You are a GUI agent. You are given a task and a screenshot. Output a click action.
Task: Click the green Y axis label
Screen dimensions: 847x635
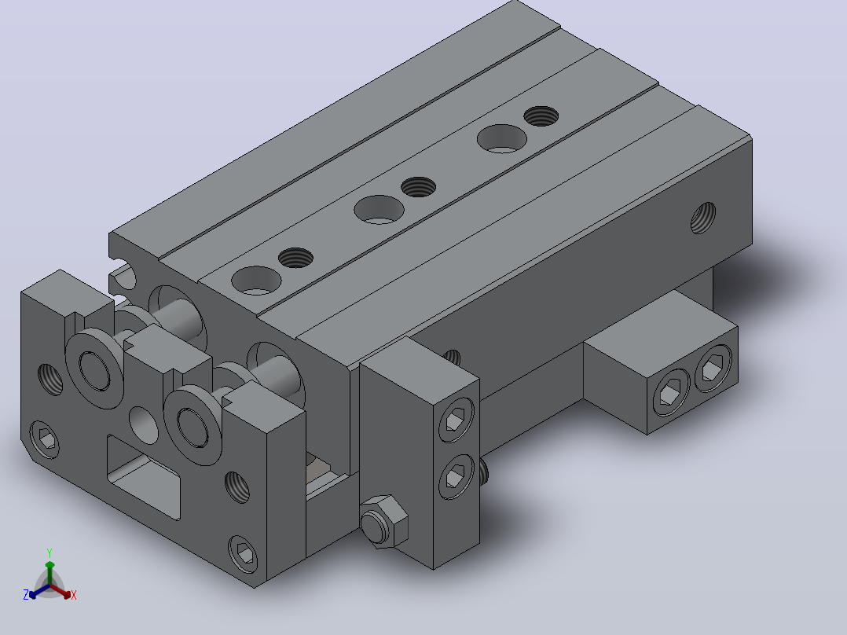point(49,553)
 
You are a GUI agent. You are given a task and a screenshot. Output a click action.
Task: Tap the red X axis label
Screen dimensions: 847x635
point(74,595)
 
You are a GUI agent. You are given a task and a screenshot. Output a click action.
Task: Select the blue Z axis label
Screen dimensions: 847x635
point(25,595)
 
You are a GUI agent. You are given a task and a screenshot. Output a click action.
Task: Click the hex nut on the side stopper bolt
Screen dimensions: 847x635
point(383,522)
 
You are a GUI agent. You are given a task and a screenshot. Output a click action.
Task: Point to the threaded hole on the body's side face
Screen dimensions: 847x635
point(703,218)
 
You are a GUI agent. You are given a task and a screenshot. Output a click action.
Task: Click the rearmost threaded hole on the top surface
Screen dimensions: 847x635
point(541,116)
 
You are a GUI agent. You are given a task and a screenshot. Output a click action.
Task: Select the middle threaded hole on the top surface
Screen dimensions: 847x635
point(419,187)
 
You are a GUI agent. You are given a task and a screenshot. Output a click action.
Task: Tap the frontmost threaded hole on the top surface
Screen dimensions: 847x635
point(295,258)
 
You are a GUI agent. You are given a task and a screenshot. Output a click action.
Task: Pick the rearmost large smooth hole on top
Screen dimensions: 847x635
point(502,139)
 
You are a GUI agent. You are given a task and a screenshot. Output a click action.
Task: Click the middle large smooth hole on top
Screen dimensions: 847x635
point(379,209)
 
